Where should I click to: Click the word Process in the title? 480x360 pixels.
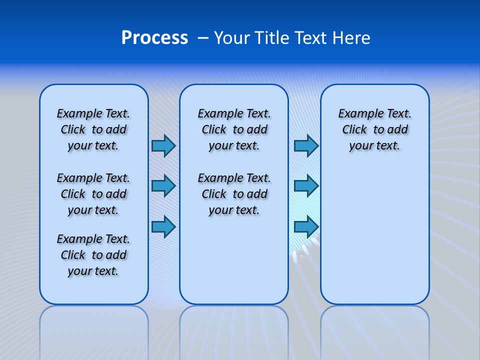pos(154,38)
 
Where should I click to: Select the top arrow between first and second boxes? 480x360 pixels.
pos(163,145)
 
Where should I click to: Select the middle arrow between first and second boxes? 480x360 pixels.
pos(163,186)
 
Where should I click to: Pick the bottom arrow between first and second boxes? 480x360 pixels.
pos(163,227)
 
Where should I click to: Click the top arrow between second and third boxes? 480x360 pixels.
pos(306,145)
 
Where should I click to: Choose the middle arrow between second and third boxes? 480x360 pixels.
pos(306,186)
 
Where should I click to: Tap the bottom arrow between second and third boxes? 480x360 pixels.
pos(306,227)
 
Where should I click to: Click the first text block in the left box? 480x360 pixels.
pos(93,129)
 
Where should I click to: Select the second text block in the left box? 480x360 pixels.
pos(93,194)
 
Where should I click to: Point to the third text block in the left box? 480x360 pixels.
pos(93,255)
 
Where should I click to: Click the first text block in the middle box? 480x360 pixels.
pos(234,129)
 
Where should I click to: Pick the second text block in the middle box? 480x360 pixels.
pos(234,194)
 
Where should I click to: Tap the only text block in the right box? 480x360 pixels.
pos(374,129)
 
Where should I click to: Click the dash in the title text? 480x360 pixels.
pos(203,38)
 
